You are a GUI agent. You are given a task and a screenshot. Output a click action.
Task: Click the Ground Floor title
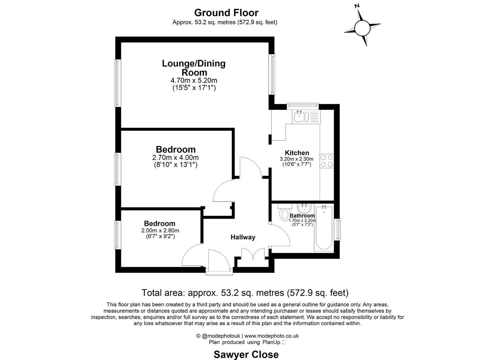(x=226, y=13)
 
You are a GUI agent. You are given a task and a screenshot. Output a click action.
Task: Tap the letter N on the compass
(x=357, y=6)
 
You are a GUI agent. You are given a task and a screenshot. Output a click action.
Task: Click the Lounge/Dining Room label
(x=194, y=68)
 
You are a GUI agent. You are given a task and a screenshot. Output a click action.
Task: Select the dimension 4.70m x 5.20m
(x=194, y=80)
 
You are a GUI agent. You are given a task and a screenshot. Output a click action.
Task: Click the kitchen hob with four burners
(x=326, y=161)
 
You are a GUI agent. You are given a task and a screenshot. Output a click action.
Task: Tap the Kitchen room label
(x=297, y=153)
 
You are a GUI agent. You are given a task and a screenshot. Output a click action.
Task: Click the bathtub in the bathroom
(x=324, y=228)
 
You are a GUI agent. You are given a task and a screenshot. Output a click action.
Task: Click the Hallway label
(x=243, y=237)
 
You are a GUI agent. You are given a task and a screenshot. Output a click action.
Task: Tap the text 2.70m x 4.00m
(x=175, y=157)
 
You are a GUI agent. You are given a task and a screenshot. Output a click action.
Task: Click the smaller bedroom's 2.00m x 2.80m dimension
(x=160, y=230)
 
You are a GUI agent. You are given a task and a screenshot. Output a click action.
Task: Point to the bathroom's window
(x=338, y=229)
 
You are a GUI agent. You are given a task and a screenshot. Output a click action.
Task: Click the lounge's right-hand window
(x=273, y=74)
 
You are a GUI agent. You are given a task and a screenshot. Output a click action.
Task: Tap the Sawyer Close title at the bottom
(x=246, y=354)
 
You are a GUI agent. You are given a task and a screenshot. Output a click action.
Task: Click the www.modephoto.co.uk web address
(x=271, y=336)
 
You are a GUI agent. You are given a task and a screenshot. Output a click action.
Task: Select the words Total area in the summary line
(x=163, y=293)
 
